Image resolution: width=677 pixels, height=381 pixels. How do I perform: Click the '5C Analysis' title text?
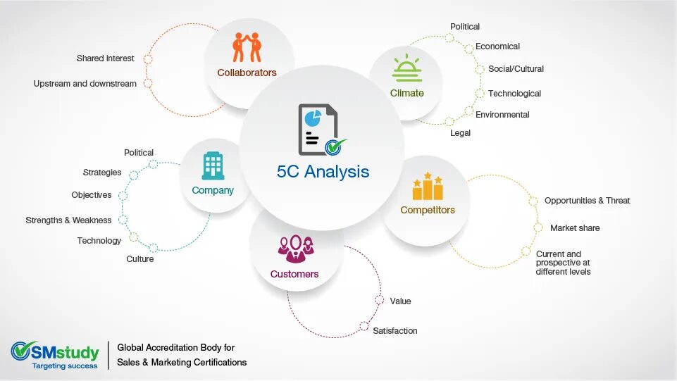click(x=323, y=171)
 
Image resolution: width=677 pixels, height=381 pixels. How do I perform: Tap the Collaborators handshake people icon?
click(x=247, y=47)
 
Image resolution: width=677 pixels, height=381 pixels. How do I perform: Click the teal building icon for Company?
click(x=213, y=166)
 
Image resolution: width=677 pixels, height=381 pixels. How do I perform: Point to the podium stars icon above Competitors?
click(x=428, y=187)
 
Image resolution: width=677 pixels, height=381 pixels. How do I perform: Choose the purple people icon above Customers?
click(x=295, y=248)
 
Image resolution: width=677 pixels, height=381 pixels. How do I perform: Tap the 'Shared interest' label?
click(x=106, y=58)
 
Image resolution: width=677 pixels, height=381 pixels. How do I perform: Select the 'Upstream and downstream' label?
click(x=85, y=84)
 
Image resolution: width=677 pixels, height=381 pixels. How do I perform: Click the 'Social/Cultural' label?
click(x=516, y=69)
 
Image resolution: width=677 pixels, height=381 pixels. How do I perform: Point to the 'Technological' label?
click(x=514, y=94)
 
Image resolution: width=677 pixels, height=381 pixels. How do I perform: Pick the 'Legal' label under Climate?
click(x=460, y=132)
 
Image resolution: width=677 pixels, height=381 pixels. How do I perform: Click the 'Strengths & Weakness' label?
click(x=68, y=220)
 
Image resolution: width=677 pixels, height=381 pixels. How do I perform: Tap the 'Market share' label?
click(x=575, y=228)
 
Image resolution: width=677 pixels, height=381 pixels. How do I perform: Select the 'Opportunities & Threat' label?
click(x=587, y=201)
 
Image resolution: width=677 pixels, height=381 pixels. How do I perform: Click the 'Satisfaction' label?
click(x=395, y=331)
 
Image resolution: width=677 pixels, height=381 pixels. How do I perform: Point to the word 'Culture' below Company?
click(x=140, y=259)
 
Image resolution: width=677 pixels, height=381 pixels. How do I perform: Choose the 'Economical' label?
click(x=497, y=46)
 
